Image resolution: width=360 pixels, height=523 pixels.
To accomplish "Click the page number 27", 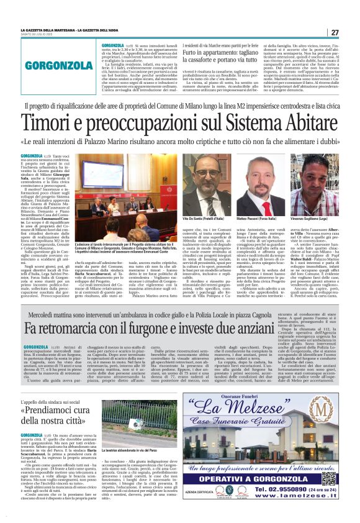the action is tap(335, 32).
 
